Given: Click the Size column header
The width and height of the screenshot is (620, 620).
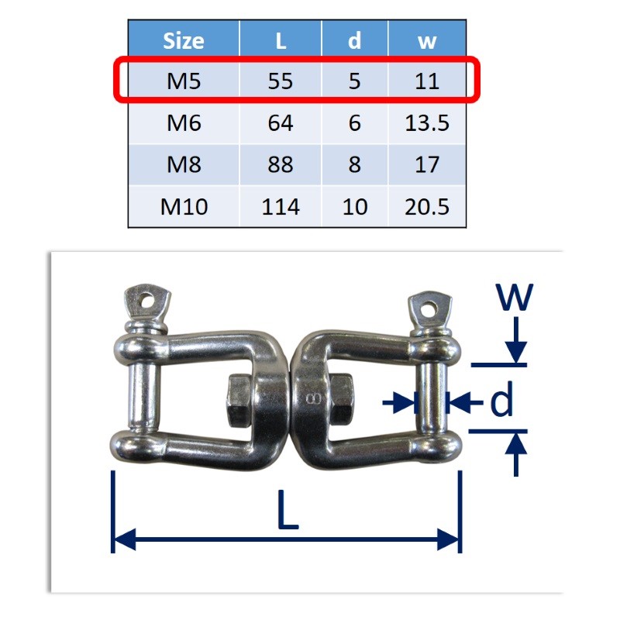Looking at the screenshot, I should (184, 40).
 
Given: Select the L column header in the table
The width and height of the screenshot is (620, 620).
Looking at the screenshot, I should (280, 40).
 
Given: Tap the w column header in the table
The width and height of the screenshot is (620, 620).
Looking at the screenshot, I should (427, 40).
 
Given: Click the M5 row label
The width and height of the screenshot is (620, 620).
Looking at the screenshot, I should (184, 81).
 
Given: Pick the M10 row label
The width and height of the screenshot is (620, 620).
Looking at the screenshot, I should (184, 207).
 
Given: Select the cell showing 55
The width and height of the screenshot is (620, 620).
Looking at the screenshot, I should (280, 81).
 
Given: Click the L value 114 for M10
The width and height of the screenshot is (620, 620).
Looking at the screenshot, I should (280, 207).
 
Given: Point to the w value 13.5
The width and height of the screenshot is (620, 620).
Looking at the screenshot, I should (427, 122).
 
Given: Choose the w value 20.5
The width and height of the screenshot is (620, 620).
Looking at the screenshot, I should (427, 207).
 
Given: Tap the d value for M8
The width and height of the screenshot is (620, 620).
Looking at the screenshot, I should (354, 164).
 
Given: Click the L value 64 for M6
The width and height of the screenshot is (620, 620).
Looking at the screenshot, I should (280, 122).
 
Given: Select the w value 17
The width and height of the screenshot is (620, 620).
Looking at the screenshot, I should (427, 164).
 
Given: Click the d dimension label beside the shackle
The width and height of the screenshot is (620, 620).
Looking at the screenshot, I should (501, 402).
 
